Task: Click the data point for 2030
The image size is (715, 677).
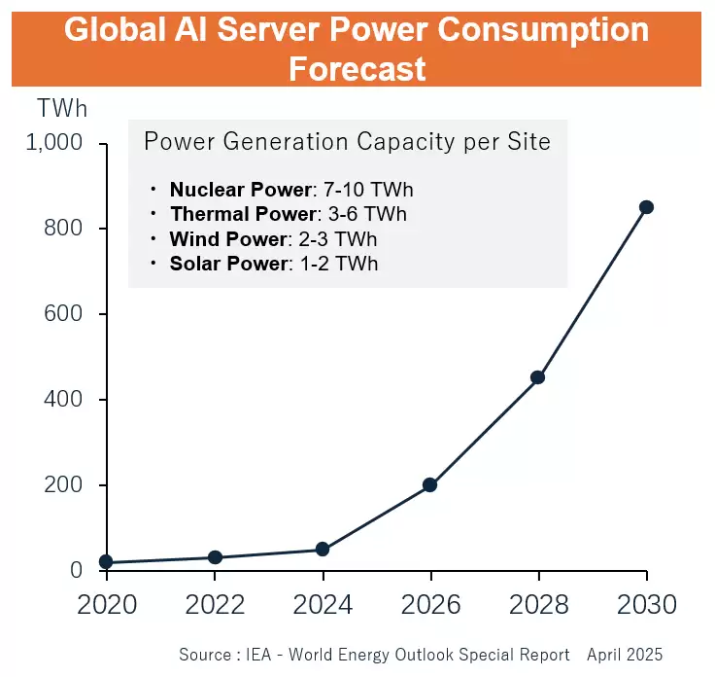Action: [x=646, y=207]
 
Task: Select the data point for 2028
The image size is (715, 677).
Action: [x=538, y=377]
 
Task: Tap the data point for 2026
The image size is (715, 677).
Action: [x=430, y=484]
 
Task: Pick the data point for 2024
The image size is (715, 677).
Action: [x=323, y=550]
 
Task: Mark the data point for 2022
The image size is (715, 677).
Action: [x=215, y=557]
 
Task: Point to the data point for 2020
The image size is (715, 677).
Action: [x=106, y=562]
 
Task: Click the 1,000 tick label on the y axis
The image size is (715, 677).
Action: [x=54, y=142]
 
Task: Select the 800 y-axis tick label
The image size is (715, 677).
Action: [x=63, y=228]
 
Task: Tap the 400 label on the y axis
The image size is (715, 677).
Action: [x=63, y=400]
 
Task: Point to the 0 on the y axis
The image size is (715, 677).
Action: [x=76, y=570]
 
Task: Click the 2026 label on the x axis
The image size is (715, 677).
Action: [x=430, y=605]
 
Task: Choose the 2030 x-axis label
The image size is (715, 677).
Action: [x=647, y=605]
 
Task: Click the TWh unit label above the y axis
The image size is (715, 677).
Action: [x=62, y=109]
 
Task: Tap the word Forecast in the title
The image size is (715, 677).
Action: [x=357, y=69]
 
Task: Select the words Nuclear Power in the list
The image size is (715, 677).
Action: [x=240, y=190]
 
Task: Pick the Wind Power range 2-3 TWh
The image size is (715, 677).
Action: [x=338, y=239]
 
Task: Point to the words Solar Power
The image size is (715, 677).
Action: [x=229, y=264]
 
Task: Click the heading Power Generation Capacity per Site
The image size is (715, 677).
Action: [x=348, y=141]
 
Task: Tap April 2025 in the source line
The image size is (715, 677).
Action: [x=625, y=655]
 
